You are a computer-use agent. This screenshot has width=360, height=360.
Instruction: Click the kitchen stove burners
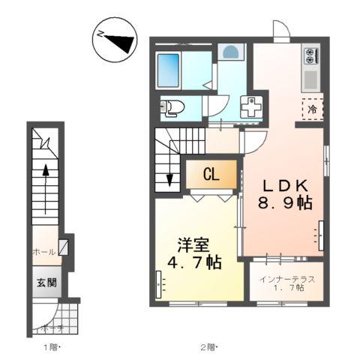click(x=312, y=54)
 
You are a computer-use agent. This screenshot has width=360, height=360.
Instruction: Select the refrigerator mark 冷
click(x=312, y=108)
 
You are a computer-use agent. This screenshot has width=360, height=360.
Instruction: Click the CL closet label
click(x=211, y=175)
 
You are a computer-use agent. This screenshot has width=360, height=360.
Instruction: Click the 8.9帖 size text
click(x=285, y=203)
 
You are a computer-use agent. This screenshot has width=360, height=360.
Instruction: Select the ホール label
click(x=43, y=253)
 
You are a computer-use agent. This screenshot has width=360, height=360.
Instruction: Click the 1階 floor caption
click(x=50, y=346)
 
